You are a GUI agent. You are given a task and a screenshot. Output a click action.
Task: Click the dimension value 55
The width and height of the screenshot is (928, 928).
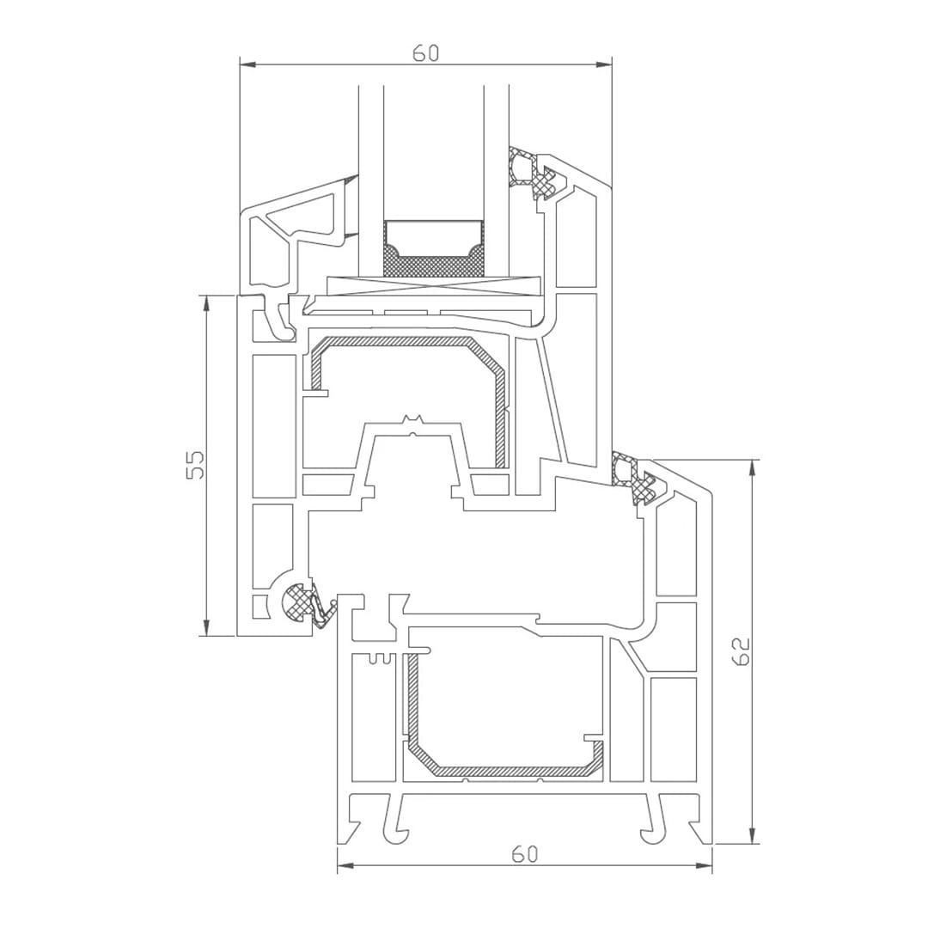196,465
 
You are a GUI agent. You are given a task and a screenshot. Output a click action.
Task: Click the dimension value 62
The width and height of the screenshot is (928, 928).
742,650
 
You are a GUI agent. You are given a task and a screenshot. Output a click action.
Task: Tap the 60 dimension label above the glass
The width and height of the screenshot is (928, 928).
425,53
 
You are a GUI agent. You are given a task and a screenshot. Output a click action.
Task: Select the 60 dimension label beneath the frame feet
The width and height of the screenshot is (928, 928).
524,854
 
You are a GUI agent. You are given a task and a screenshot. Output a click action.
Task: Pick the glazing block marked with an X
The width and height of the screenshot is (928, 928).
433,286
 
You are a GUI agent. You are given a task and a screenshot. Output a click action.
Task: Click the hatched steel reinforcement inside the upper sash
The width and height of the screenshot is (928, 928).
404,343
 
